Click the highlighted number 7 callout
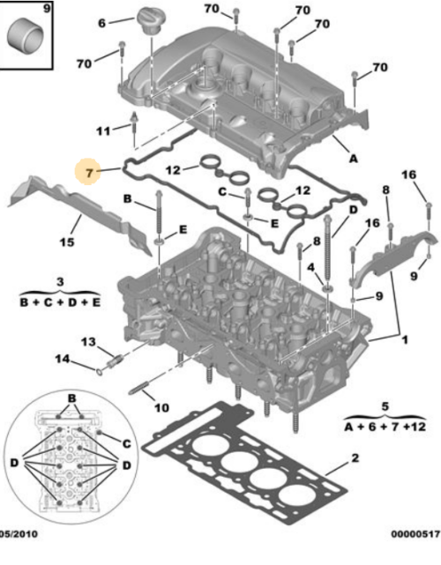(88, 170)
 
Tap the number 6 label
(101, 22)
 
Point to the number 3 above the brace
(59, 280)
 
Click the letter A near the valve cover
(353, 159)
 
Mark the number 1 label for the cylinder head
(405, 338)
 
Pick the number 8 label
(385, 190)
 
